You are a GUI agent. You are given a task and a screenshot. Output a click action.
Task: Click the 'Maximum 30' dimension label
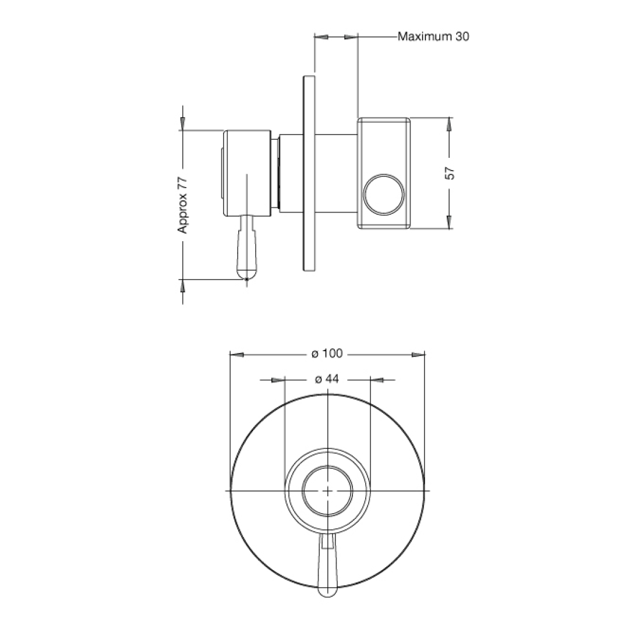pyautogui.click(x=433, y=37)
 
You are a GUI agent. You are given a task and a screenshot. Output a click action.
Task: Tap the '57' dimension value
pyautogui.click(x=449, y=173)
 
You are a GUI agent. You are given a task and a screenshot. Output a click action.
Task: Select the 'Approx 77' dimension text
pyautogui.click(x=183, y=205)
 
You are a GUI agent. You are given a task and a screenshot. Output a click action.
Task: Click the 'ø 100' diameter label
pyautogui.click(x=327, y=354)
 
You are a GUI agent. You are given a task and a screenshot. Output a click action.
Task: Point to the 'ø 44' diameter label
pyautogui.click(x=327, y=379)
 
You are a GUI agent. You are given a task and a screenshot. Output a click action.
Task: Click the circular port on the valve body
pyautogui.click(x=383, y=192)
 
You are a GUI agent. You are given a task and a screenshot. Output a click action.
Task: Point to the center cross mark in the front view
pyautogui.click(x=327, y=490)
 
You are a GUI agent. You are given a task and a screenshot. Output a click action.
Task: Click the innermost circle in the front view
pyautogui.click(x=327, y=490)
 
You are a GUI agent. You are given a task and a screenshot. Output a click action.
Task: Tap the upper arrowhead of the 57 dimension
pyautogui.click(x=449, y=124)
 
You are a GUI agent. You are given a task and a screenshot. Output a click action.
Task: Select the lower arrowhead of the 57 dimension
pyautogui.click(x=449, y=222)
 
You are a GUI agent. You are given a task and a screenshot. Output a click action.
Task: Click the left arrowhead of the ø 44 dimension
pyautogui.click(x=278, y=380)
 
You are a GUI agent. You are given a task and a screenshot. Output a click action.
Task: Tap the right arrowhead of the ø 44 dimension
pyautogui.click(x=377, y=380)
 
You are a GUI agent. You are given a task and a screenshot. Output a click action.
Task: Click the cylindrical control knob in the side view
pyautogui.click(x=248, y=173)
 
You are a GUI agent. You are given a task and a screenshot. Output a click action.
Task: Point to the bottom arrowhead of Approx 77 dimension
pyautogui.click(x=182, y=285)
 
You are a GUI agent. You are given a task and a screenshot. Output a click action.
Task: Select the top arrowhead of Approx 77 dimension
pyautogui.click(x=182, y=123)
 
